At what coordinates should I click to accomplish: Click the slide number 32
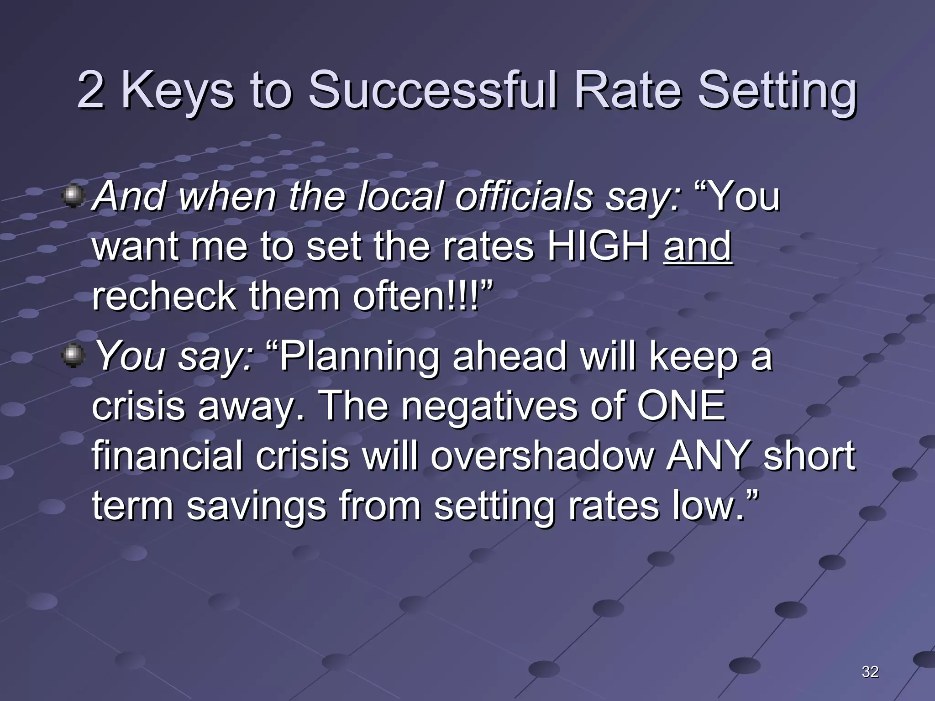click(870, 671)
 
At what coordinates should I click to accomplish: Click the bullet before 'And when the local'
click(73, 196)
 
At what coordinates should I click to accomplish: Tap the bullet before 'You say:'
click(73, 356)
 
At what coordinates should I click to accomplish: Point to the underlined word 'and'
click(698, 246)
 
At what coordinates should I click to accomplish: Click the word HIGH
click(599, 246)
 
